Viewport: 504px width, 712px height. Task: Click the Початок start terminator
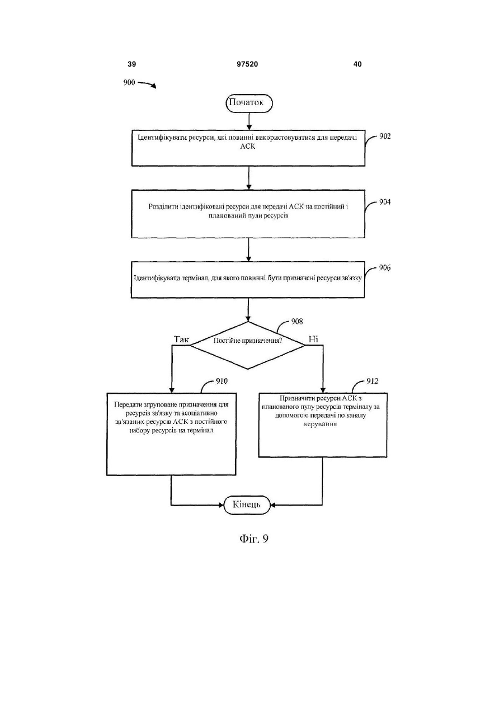coord(249,103)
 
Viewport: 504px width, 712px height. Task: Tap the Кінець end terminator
coord(247,504)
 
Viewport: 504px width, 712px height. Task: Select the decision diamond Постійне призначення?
coord(248,345)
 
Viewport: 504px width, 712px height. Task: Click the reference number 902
coord(385,136)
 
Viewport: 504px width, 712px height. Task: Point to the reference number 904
coord(385,202)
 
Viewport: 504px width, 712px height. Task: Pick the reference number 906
coord(384,268)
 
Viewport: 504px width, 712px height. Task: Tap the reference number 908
coord(297,322)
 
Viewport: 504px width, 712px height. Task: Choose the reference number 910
coord(222,381)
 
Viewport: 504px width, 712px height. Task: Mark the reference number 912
coord(373,381)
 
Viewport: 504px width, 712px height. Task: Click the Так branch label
coord(181,340)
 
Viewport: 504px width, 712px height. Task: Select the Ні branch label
coord(313,340)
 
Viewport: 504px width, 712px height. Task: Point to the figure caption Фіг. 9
coord(254,539)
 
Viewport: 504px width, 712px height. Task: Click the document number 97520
coord(247,64)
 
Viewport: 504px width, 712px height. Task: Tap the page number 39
coord(131,64)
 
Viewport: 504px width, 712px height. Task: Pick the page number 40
coord(357,64)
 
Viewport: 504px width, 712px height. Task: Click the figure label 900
coord(129,83)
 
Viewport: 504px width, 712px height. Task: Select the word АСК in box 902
coord(248,146)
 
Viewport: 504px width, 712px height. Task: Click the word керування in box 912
coord(320,424)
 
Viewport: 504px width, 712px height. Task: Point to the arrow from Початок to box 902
coord(249,121)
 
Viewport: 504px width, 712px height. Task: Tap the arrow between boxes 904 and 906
coord(249,249)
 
